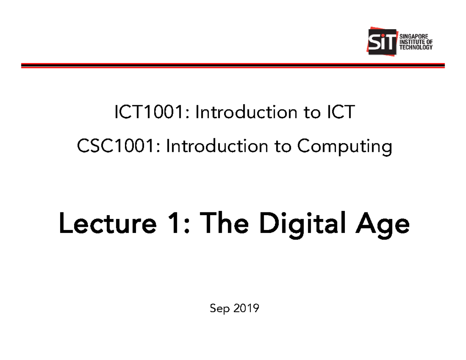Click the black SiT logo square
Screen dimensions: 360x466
(x=383, y=42)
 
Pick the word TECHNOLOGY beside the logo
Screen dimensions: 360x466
(x=416, y=47)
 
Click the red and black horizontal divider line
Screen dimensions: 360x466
(x=233, y=65)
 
